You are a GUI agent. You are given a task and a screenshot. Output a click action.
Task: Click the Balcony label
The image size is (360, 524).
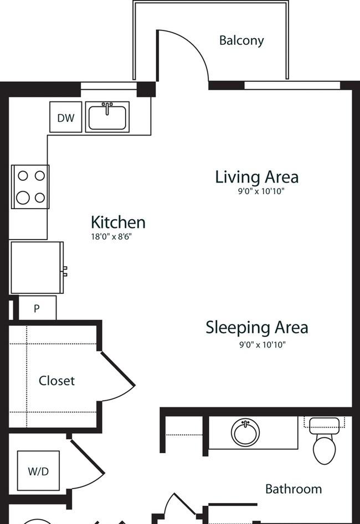coord(241,41)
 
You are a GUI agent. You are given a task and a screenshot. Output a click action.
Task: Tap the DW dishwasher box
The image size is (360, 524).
coord(65,117)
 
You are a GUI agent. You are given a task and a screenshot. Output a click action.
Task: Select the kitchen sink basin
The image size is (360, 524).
coord(107,118)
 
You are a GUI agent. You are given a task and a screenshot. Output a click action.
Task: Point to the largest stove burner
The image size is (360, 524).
coord(23,198)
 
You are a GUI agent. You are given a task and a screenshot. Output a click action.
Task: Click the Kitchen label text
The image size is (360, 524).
coord(118,222)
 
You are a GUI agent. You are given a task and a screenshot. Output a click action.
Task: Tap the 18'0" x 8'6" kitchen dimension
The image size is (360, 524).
coord(111,237)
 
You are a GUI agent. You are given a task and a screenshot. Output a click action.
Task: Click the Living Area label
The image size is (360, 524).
coord(256,177)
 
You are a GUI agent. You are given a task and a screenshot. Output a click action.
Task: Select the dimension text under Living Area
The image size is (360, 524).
coord(261,191)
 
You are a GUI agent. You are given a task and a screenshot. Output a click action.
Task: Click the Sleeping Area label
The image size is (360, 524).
coord(256,327)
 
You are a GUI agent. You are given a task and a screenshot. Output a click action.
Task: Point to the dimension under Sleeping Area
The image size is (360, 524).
coord(263,344)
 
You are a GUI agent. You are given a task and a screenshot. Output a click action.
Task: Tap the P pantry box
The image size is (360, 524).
coord(37,308)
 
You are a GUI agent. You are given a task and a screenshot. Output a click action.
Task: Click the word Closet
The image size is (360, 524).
coord(56,381)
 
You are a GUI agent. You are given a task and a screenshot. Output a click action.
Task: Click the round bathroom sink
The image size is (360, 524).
coord(245,433)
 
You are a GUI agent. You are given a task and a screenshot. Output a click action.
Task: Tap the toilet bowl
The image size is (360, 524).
coord(324,450)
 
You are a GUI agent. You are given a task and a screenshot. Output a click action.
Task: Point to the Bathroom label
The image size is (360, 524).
coord(294,489)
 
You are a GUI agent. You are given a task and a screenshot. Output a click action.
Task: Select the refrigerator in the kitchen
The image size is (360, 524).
coord(37,268)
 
